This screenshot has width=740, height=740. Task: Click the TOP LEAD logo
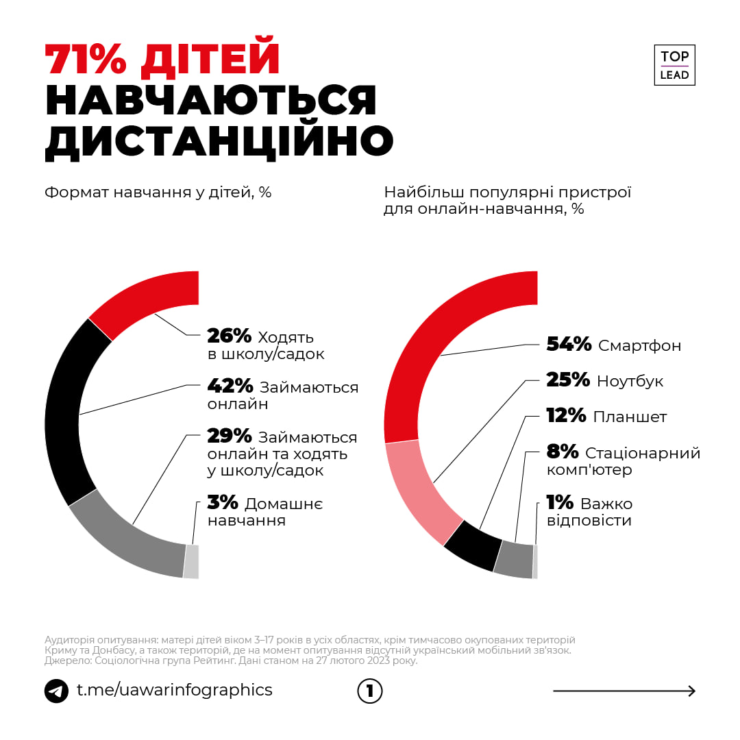pyautogui.click(x=674, y=65)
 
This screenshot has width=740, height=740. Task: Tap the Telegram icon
pyautogui.click(x=56, y=691)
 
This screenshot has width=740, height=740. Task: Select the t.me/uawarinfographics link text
pyautogui.click(x=174, y=690)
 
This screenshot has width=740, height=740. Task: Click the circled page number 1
pyautogui.click(x=370, y=691)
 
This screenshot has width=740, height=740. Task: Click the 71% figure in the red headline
pyautogui.click(x=86, y=60)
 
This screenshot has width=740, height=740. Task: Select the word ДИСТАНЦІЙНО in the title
pyautogui.click(x=219, y=140)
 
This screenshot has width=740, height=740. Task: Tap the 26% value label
pyautogui.click(x=230, y=336)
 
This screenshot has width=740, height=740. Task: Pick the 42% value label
pyautogui.click(x=230, y=387)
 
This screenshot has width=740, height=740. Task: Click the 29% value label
pyautogui.click(x=230, y=436)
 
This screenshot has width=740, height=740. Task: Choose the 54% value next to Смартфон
pyautogui.click(x=569, y=345)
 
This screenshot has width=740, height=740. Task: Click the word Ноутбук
pyautogui.click(x=630, y=381)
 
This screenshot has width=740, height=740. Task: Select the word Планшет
pyautogui.click(x=630, y=417)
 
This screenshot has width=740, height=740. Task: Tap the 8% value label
pyautogui.click(x=563, y=452)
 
